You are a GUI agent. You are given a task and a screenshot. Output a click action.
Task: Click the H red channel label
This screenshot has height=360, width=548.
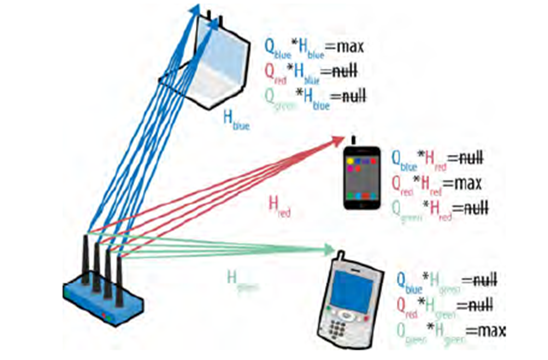pyautogui.click(x=279, y=206)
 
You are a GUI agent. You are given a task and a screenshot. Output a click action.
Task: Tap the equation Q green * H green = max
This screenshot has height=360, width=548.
pyautogui.click(x=449, y=330)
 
